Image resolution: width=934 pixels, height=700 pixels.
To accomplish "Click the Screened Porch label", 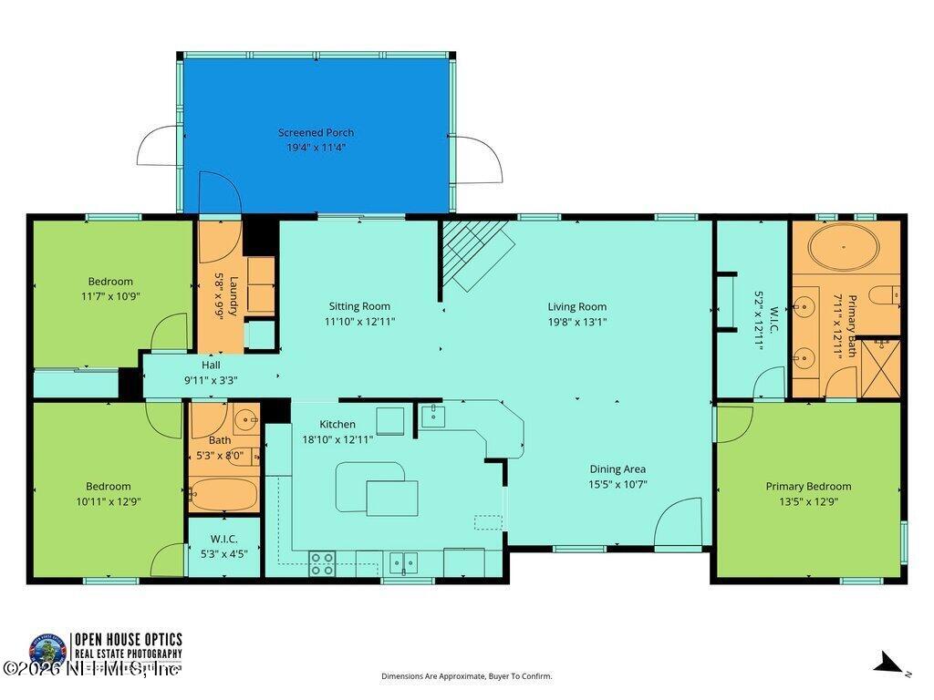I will pos(316,133).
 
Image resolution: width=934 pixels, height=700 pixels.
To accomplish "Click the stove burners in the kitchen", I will pos(322,563).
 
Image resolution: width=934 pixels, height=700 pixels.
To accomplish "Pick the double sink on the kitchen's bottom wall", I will pos(403,562).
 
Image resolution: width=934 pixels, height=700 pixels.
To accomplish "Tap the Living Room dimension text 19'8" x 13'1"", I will pos(576,322).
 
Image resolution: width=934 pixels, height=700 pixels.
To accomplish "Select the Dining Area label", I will pos(617,469).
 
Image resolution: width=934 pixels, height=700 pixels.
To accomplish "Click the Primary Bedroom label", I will pos(808,487).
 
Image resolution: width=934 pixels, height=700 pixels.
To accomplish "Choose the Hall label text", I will pos(211,365).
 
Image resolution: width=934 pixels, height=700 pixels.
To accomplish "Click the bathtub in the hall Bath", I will pos(223,493).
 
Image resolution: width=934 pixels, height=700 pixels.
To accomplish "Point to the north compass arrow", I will pos(889,664).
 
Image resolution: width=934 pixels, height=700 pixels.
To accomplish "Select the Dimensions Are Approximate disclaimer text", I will pos(466,676).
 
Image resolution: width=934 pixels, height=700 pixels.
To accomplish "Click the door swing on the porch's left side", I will pos(160,147).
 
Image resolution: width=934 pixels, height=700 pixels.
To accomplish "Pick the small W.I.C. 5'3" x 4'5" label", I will pos(223,546).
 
